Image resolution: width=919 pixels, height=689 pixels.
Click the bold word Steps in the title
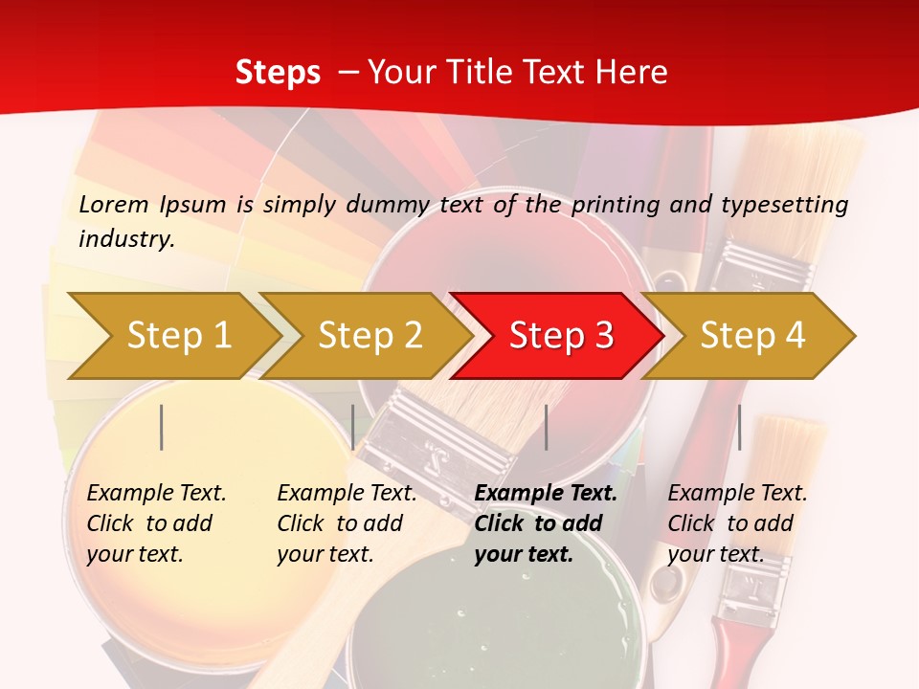coord(278,73)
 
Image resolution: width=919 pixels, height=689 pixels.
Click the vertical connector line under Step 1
coord(162,427)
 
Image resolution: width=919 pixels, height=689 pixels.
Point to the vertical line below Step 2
coord(353,427)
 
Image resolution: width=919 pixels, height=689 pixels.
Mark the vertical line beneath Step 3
coord(547,427)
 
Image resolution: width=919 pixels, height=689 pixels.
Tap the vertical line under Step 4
coord(739,427)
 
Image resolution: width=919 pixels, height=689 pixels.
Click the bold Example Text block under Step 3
coord(546,523)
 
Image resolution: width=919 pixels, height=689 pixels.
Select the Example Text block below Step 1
coord(156,523)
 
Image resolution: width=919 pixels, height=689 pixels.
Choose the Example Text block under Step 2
coord(347,523)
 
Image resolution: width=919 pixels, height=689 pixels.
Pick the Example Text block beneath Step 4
coord(737,523)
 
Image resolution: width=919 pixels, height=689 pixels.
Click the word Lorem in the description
coord(114,205)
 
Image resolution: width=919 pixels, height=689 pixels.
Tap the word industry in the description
coord(125,239)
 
